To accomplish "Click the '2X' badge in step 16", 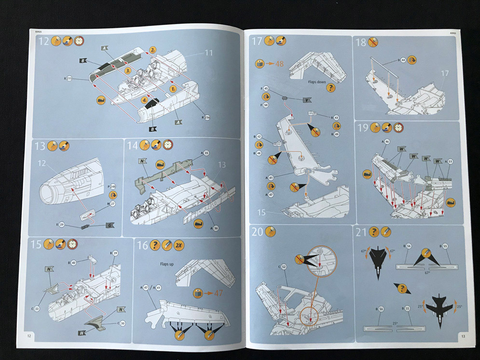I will pyautogui.click(x=179, y=244).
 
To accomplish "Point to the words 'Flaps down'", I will pyautogui.click(x=318, y=82).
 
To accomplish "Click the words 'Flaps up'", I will pyautogui.click(x=167, y=264).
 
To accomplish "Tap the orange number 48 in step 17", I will pyautogui.click(x=279, y=63).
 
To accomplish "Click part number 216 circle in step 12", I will pyautogui.click(x=207, y=117).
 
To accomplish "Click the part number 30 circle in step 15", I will pyautogui.click(x=123, y=323).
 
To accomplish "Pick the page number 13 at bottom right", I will pyautogui.click(x=463, y=336).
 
